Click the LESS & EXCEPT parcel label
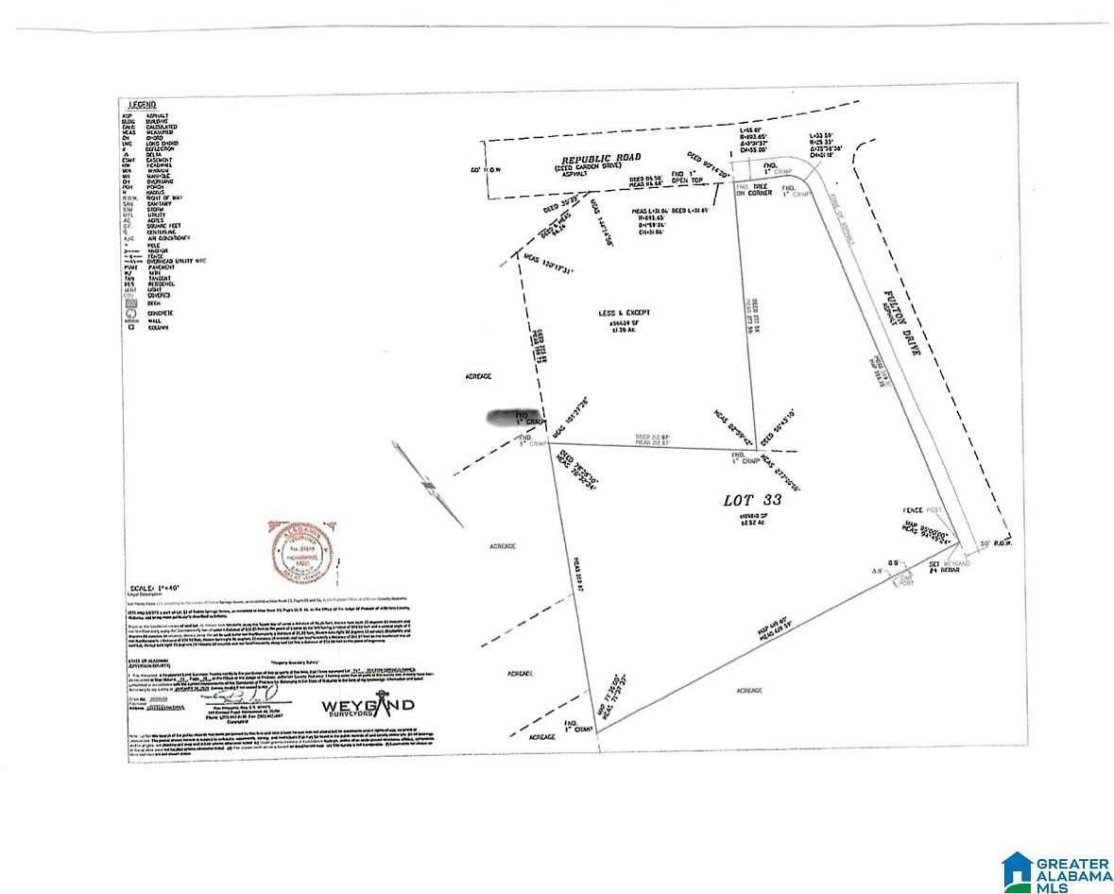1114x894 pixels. coord(625,313)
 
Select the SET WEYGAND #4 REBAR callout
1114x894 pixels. coord(943,567)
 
